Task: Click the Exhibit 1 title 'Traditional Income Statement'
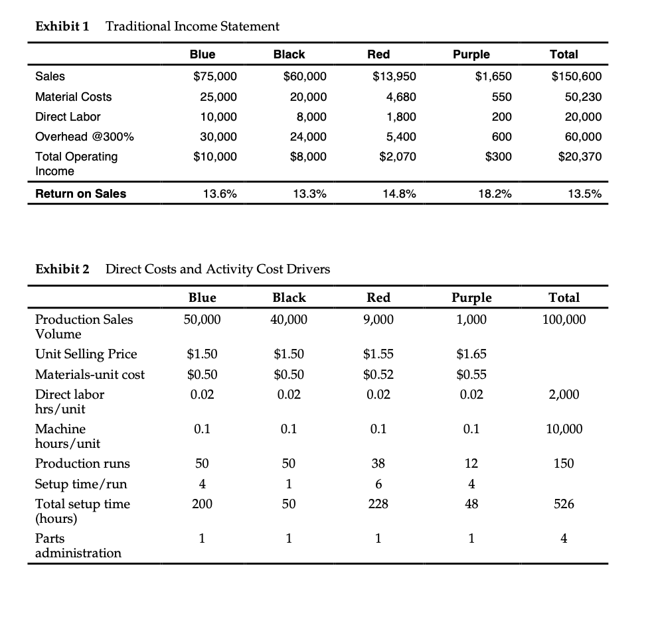pyautogui.click(x=193, y=27)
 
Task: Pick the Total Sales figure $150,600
pyautogui.click(x=577, y=76)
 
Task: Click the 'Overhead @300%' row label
pyautogui.click(x=84, y=137)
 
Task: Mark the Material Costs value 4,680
pyautogui.click(x=402, y=97)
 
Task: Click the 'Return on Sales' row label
pyautogui.click(x=80, y=194)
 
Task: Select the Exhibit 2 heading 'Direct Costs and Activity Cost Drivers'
pyautogui.click(x=218, y=269)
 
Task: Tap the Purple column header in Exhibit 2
pyautogui.click(x=471, y=297)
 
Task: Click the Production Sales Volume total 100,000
pyautogui.click(x=564, y=320)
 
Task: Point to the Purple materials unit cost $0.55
pyautogui.click(x=471, y=374)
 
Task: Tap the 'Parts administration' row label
pyautogui.click(x=78, y=545)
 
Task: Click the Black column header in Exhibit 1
pyautogui.click(x=289, y=54)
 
